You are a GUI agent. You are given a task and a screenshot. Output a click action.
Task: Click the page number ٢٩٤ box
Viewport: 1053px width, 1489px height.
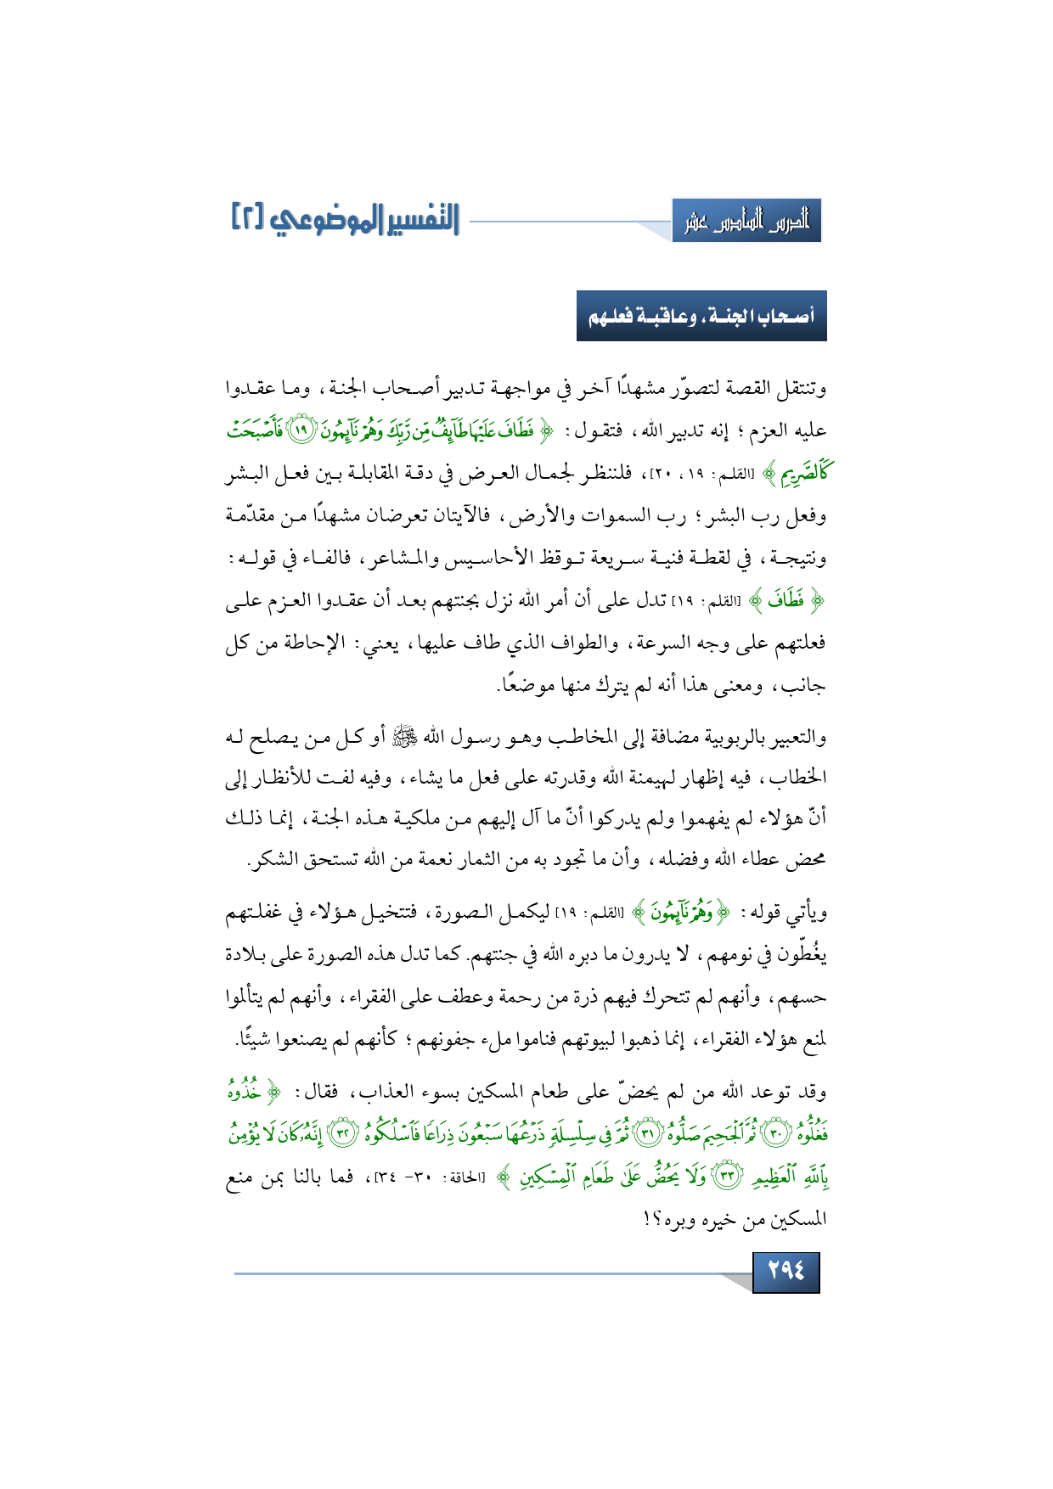pyautogui.click(x=786, y=1272)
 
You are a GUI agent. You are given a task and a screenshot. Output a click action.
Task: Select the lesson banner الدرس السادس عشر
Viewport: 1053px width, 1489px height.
pyautogui.click(x=746, y=222)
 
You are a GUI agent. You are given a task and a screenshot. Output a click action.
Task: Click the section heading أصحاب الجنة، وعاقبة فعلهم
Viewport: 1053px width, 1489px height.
pyautogui.click(x=701, y=317)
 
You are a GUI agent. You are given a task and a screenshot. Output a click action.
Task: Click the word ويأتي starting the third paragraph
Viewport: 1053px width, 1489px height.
pyautogui.click(x=805, y=913)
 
